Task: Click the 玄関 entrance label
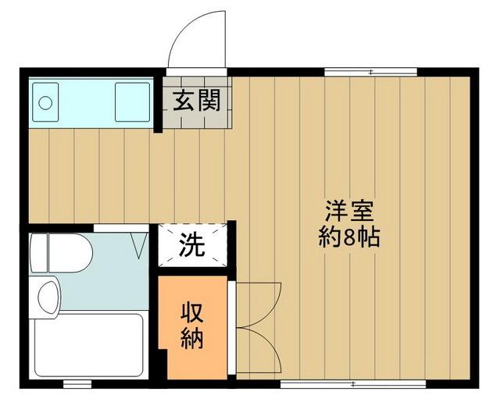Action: pyautogui.click(x=197, y=101)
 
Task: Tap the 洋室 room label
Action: pyautogui.click(x=349, y=212)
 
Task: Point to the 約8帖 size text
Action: pyautogui.click(x=349, y=237)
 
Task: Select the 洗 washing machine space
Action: pyautogui.click(x=193, y=245)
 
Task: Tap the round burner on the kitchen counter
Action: pyautogui.click(x=45, y=102)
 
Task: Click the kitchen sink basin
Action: pyautogui.click(x=132, y=102)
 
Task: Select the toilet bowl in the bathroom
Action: pyautogui.click(x=70, y=253)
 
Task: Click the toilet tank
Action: pyautogui.click(x=38, y=253)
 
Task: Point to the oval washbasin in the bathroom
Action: pyautogui.click(x=48, y=297)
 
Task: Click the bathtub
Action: pyautogui.click(x=88, y=345)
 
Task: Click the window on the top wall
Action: pyautogui.click(x=371, y=72)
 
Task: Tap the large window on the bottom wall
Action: pyautogui.click(x=353, y=384)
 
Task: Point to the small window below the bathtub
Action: pyautogui.click(x=77, y=384)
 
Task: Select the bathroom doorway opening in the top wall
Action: pyautogui.click(x=121, y=228)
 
